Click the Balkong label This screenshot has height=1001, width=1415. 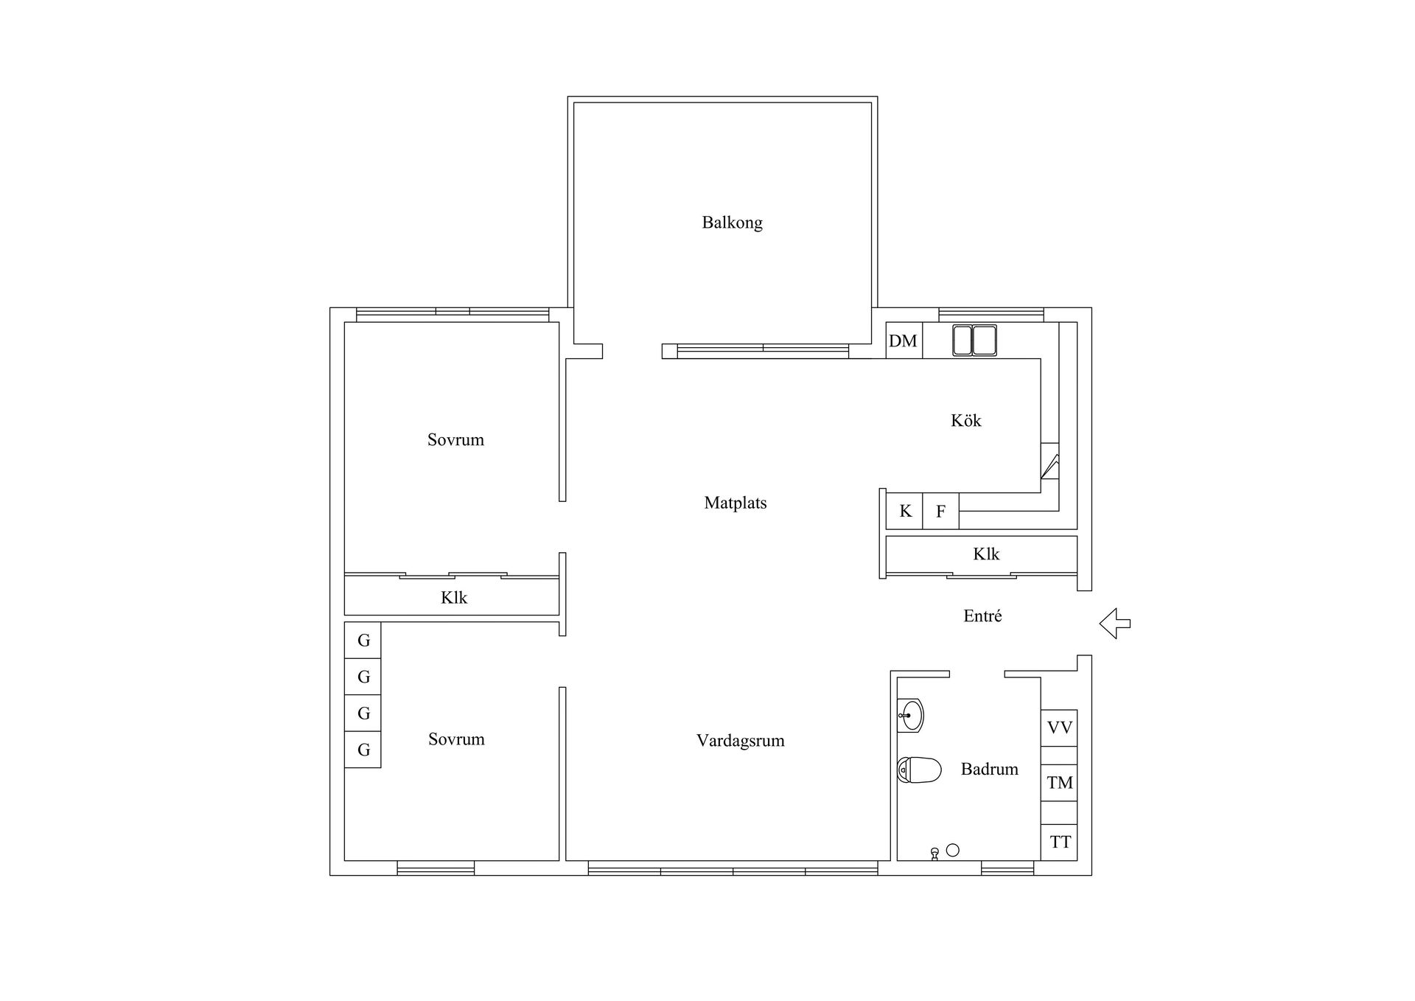point(732,223)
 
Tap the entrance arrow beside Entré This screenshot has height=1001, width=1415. point(1114,624)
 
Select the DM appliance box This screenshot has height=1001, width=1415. point(904,341)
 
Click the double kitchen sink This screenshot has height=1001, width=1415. point(974,341)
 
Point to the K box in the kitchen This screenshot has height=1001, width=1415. point(904,511)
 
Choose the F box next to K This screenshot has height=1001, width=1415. point(940,511)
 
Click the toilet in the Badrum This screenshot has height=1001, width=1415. point(919,770)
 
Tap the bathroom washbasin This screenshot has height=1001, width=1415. point(911,715)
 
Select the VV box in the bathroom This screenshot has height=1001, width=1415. point(1059,728)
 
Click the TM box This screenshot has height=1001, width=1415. point(1059,783)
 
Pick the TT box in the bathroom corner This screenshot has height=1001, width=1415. point(1059,842)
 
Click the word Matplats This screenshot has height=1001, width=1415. point(736,503)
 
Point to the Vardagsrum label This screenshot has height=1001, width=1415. point(741,741)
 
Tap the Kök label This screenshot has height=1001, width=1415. point(966,420)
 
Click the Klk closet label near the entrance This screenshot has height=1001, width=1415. point(986,554)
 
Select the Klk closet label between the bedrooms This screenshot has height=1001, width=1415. point(454,598)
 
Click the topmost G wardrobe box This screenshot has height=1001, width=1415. point(363,640)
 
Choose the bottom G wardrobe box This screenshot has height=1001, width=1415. point(363,750)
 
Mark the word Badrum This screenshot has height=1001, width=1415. point(990,770)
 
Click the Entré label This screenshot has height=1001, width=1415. point(982,616)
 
